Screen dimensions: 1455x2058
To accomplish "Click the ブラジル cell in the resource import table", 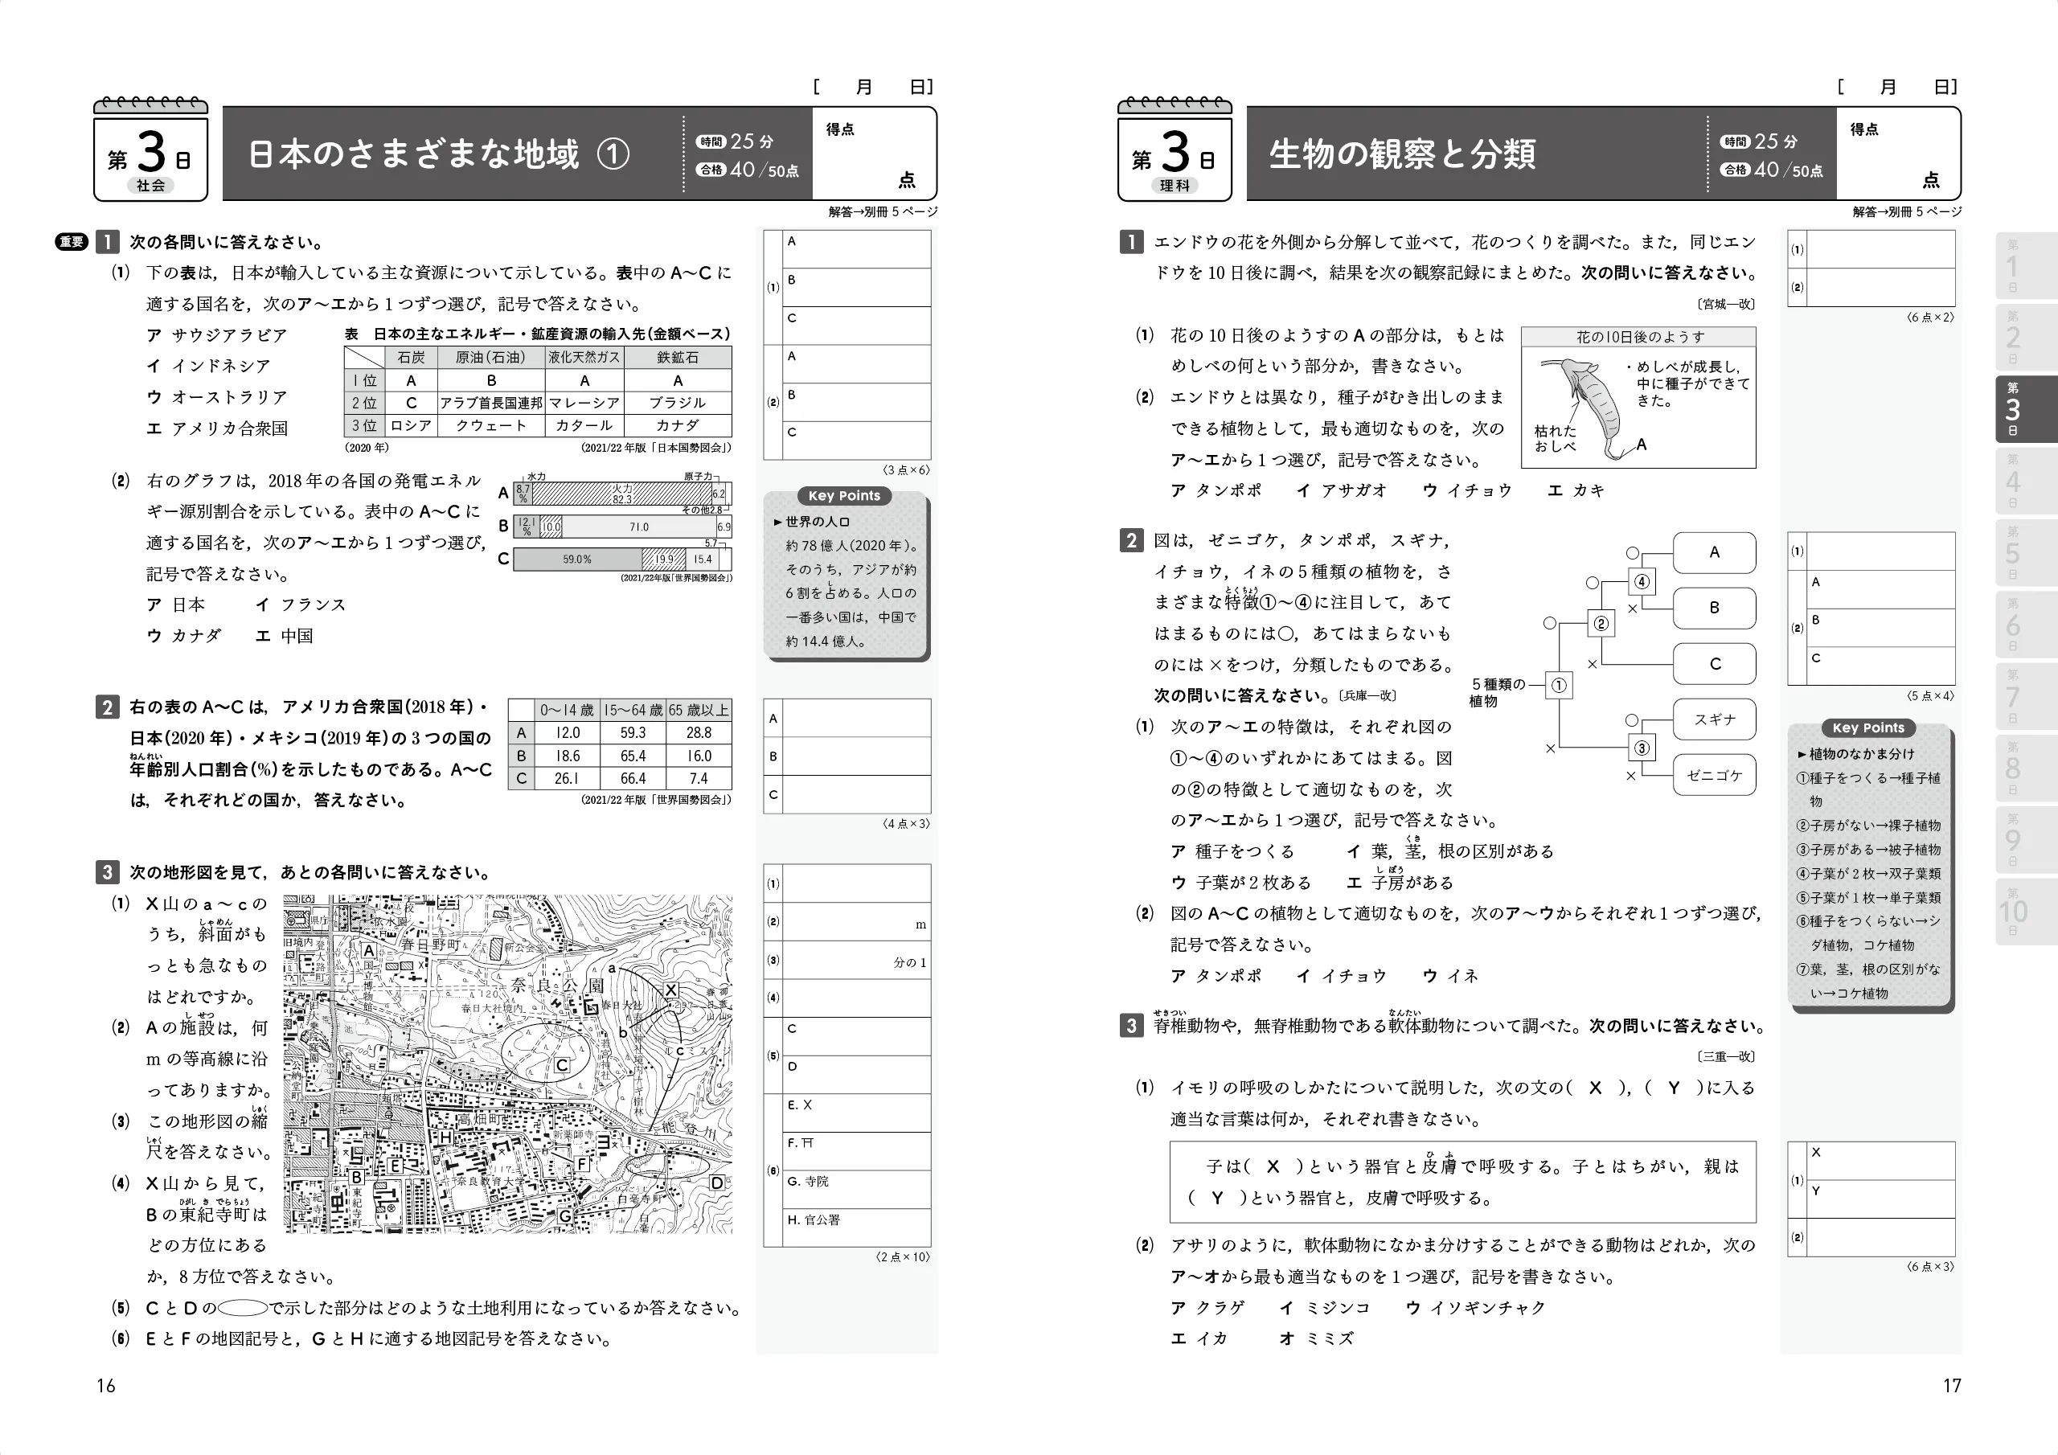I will pos(678,403).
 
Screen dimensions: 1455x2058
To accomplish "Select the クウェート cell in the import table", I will pos(491,425).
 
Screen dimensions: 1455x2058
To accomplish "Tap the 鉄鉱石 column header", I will pos(678,357).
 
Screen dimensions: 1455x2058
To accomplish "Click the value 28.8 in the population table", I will pos(699,732).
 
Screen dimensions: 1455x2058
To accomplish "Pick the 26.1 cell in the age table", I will pos(567,778).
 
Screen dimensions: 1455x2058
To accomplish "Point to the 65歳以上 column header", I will pos(699,710).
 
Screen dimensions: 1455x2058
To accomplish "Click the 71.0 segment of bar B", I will pos(638,527).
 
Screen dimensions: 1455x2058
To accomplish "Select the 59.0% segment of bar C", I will pos(577,559).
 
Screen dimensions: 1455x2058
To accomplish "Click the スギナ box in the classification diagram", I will pos(1714,719).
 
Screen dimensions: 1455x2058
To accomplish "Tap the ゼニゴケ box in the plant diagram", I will pos(1714,776).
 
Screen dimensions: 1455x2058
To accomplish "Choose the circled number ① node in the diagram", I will pos(1559,686).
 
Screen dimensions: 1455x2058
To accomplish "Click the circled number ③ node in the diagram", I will pos(1642,748).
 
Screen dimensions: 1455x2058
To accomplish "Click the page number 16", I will pos(106,1385).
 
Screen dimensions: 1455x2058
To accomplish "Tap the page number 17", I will pos(1951,1385).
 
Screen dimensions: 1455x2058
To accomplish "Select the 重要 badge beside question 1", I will pos(71,242).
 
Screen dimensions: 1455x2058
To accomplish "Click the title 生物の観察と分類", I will pos(1402,154).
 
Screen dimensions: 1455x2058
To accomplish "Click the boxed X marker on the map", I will pos(670,990).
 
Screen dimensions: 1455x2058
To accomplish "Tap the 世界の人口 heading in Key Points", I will pos(817,522).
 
